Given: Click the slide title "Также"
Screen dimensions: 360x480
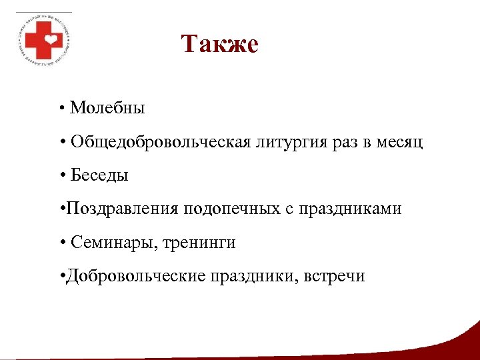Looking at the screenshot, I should (219, 45).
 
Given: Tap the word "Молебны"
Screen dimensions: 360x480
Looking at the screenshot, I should (107, 107).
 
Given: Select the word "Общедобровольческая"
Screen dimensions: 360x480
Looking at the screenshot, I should (161, 142).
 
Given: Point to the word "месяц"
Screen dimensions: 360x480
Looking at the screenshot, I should (397, 142).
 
